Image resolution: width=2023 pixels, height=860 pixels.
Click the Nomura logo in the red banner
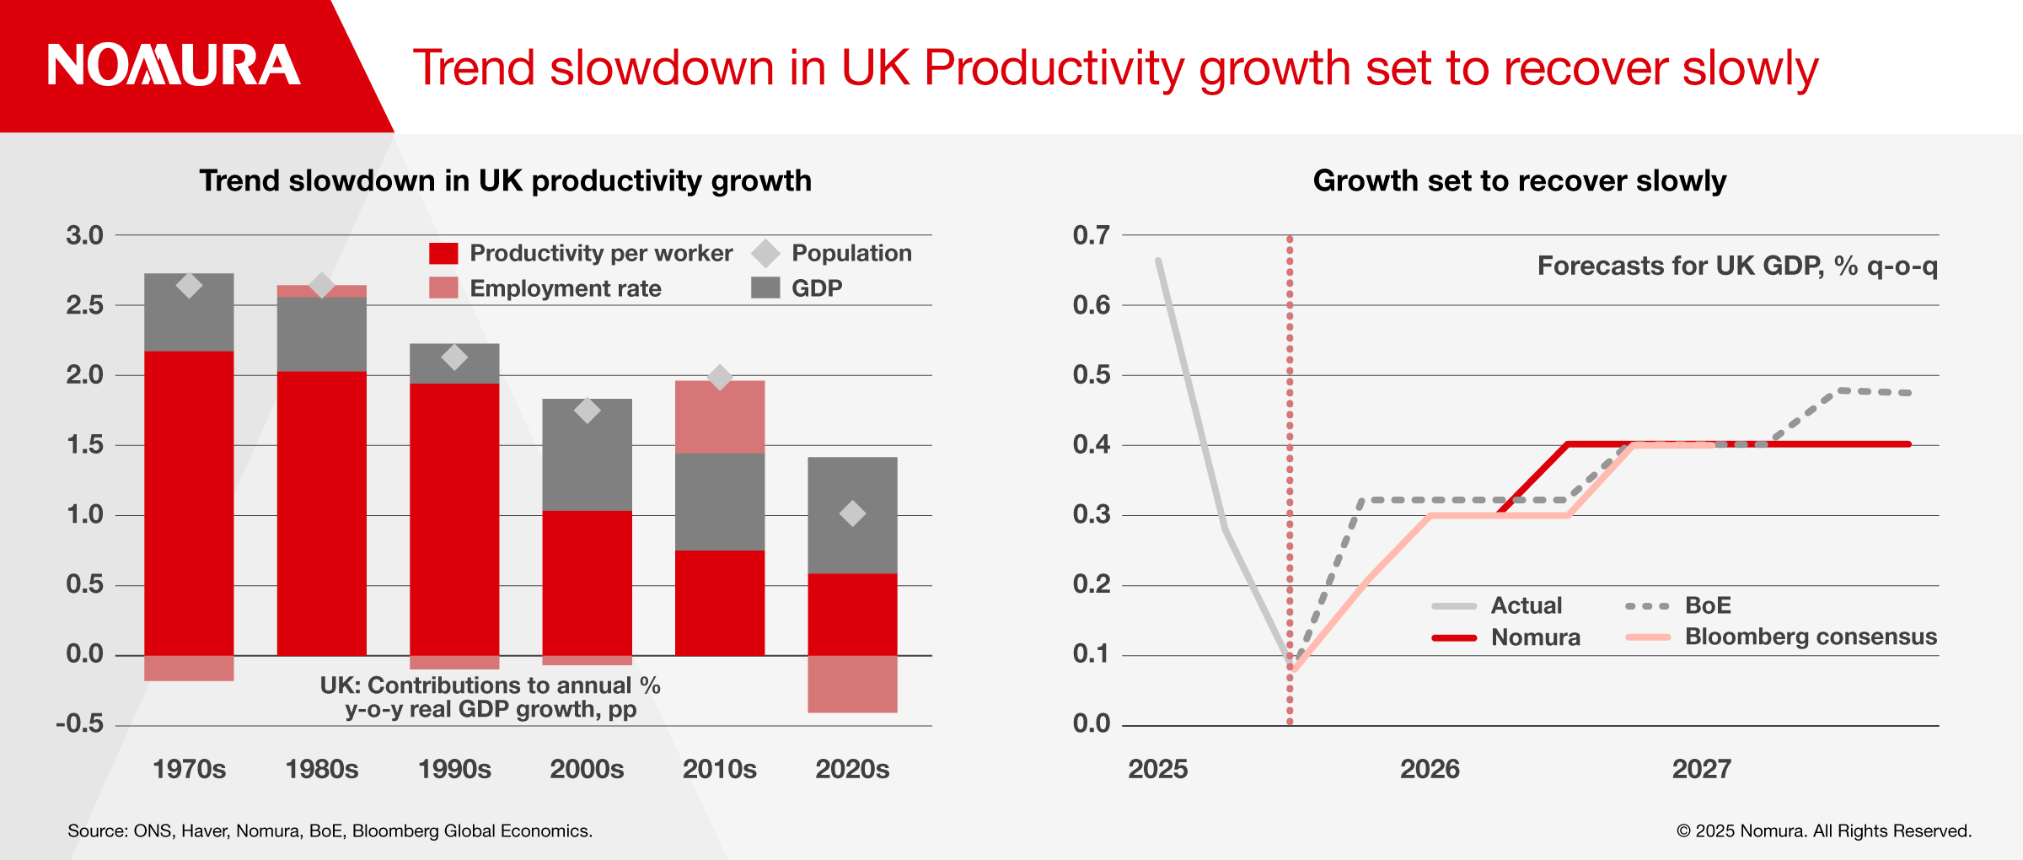click(x=174, y=66)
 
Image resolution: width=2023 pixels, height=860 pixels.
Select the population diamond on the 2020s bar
click(x=852, y=513)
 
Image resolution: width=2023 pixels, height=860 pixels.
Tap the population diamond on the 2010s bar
click(x=720, y=377)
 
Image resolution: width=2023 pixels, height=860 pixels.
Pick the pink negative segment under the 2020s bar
click(x=852, y=684)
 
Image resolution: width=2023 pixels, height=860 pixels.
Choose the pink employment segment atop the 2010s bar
click(x=720, y=417)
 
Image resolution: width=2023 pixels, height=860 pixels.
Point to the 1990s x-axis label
click(x=454, y=769)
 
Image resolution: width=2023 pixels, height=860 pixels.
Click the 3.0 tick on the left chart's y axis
click(x=84, y=235)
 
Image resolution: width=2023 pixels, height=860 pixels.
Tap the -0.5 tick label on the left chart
click(x=80, y=724)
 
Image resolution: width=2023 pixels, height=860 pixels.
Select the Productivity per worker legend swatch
click(x=443, y=253)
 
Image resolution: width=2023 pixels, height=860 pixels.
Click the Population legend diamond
click(x=765, y=253)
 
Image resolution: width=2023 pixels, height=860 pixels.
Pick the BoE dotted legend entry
click(x=1677, y=605)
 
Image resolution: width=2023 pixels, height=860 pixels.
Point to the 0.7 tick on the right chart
click(x=1091, y=235)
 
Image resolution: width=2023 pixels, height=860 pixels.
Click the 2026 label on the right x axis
click(x=1430, y=769)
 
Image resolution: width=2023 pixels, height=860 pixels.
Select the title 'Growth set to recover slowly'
click(x=1519, y=180)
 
